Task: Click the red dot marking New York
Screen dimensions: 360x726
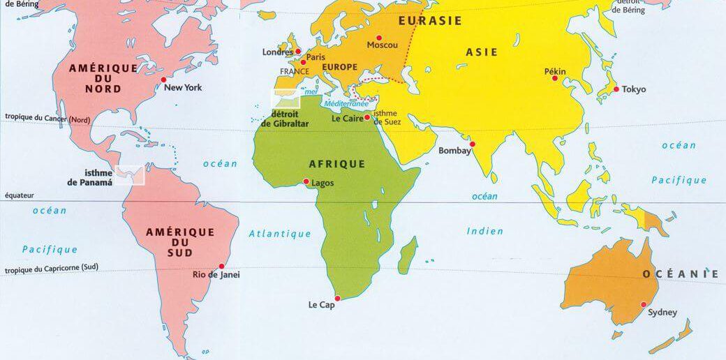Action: pyautogui.click(x=164, y=81)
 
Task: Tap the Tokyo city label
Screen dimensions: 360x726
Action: pyautogui.click(x=634, y=89)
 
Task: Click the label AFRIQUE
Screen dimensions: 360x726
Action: pyautogui.click(x=336, y=164)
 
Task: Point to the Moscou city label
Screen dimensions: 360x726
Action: pyautogui.click(x=382, y=45)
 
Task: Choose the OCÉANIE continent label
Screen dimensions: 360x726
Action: pyautogui.click(x=681, y=274)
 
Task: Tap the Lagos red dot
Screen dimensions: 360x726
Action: pyautogui.click(x=306, y=181)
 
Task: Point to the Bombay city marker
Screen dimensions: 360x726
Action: pyautogui.click(x=473, y=144)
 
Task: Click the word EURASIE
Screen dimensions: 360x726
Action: pyautogui.click(x=430, y=21)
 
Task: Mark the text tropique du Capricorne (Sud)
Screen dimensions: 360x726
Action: pyautogui.click(x=52, y=268)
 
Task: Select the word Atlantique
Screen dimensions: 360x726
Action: pyautogui.click(x=280, y=234)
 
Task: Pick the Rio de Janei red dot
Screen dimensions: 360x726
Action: pyautogui.click(x=223, y=266)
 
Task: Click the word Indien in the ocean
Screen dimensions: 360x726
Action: pyautogui.click(x=484, y=231)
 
